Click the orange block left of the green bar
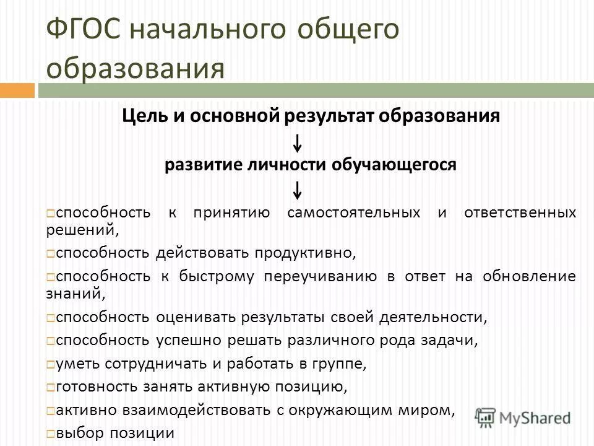(x=17, y=90)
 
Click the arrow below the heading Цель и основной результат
(x=298, y=143)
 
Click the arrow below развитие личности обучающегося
(x=298, y=189)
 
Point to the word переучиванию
(x=320, y=276)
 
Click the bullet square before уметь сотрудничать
(x=50, y=364)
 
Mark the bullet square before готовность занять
(x=50, y=388)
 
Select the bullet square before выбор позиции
(x=50, y=434)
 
